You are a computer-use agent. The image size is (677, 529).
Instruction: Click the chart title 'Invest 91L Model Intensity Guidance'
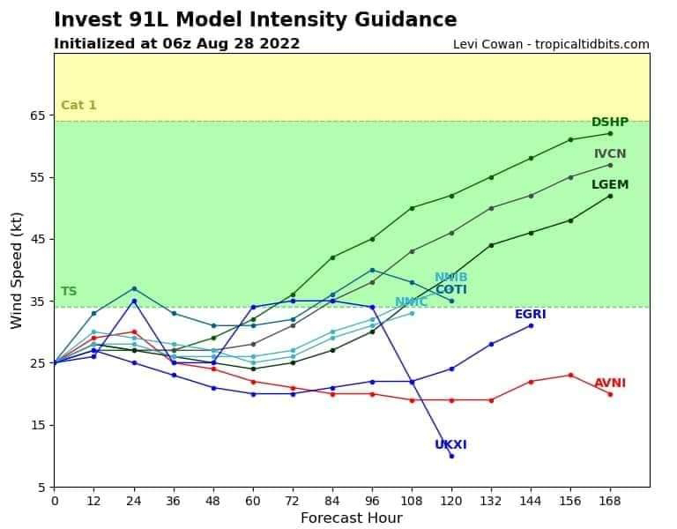[256, 20]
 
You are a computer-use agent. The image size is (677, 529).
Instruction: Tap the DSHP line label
[610, 123]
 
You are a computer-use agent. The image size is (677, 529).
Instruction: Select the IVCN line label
[610, 154]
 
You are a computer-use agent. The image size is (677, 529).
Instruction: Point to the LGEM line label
[610, 185]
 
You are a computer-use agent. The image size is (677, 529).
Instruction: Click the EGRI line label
[531, 315]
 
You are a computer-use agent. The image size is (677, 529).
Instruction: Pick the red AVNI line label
[610, 384]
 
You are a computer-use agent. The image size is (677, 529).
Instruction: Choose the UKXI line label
[450, 445]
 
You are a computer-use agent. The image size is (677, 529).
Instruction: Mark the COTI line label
[450, 290]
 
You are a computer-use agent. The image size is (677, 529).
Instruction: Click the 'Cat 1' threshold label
[78, 106]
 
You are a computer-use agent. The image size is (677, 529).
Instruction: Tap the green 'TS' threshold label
[69, 292]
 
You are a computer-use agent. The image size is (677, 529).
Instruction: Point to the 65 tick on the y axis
[38, 115]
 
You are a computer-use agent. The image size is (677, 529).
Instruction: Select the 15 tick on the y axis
[38, 425]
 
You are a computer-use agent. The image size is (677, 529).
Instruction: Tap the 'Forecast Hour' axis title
[352, 518]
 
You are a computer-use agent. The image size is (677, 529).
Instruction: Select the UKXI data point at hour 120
[451, 456]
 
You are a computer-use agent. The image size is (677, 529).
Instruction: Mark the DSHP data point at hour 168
[610, 133]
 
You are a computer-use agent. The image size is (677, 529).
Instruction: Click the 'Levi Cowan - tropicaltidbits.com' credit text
[551, 44]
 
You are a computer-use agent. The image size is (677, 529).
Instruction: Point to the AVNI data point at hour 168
[610, 394]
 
